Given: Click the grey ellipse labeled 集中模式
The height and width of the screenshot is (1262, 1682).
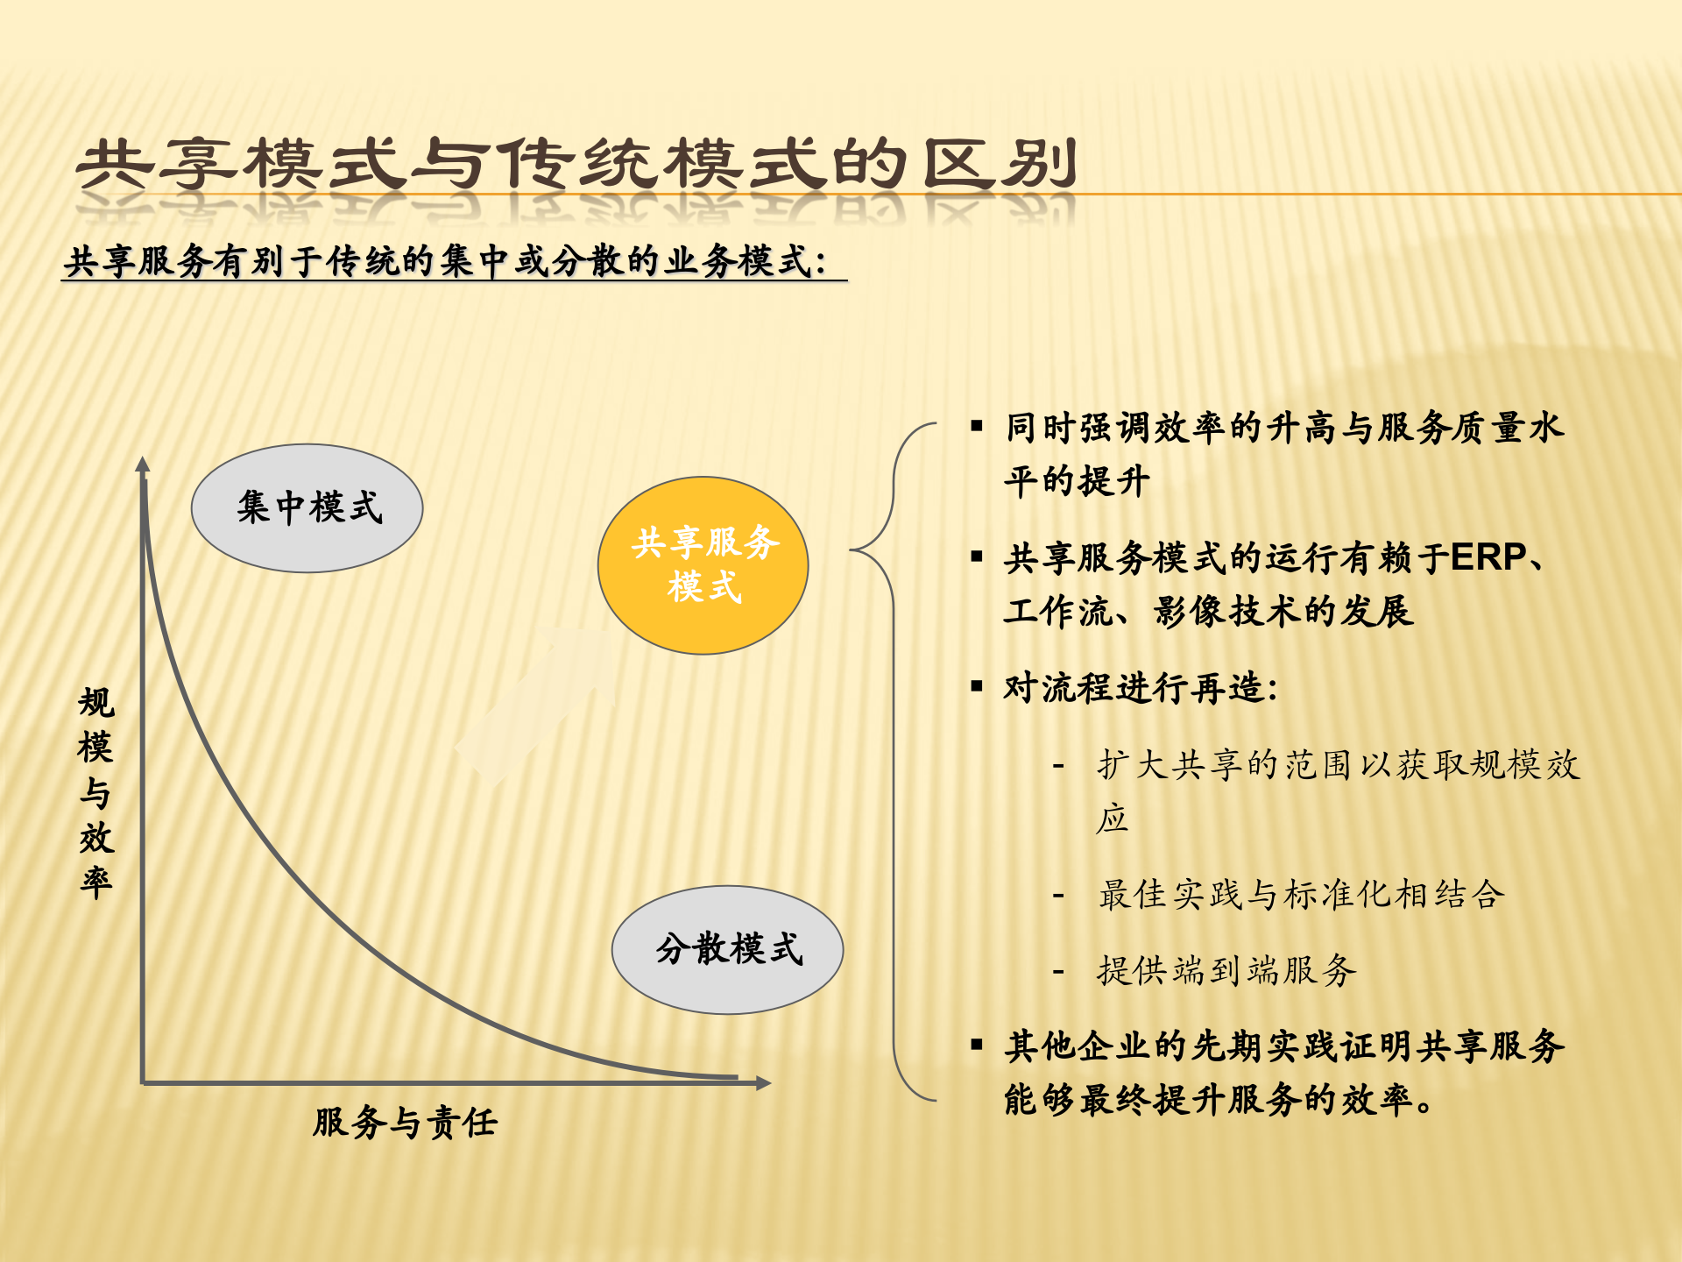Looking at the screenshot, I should (x=307, y=508).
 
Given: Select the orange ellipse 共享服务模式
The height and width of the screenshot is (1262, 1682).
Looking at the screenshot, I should (x=703, y=565).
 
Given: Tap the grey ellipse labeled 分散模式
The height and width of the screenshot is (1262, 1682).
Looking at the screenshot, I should (x=727, y=949).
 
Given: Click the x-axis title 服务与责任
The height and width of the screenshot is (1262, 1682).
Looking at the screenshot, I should (x=405, y=1123).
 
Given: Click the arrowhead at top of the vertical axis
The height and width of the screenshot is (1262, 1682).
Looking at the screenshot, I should (x=143, y=465).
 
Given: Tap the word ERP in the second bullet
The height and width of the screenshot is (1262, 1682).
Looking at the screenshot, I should (x=1488, y=557).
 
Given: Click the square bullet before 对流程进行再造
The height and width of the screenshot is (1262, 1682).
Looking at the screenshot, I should (x=977, y=686).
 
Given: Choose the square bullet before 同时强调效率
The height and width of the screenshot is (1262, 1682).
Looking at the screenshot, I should (x=977, y=427).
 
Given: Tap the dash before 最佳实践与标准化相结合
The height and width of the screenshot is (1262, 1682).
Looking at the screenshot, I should (x=1058, y=896).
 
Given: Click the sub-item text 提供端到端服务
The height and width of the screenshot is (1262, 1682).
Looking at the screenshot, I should (x=1226, y=971).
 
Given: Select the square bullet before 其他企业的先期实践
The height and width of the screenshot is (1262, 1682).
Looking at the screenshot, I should (x=977, y=1044).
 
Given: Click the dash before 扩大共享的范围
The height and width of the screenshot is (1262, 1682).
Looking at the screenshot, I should (x=1058, y=766).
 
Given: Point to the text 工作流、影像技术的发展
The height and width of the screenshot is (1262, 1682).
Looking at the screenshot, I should (x=1209, y=611).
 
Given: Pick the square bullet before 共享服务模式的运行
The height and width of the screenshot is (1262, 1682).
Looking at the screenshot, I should (x=977, y=557).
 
